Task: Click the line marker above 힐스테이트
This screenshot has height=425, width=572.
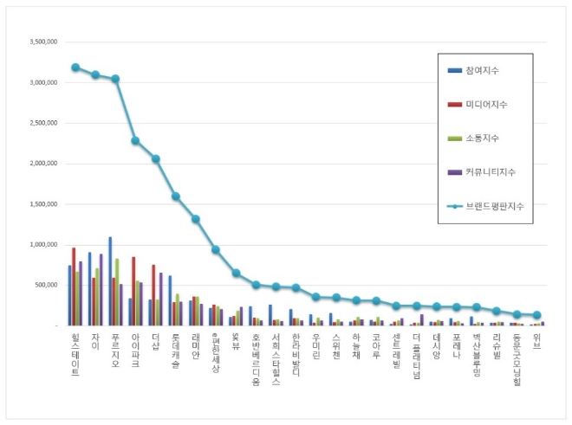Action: pos(75,68)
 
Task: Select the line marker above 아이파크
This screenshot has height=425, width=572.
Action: pos(135,140)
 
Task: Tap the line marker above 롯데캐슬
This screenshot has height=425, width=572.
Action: pos(176,196)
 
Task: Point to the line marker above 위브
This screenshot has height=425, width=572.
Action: pos(536,315)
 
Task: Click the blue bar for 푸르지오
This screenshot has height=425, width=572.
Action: pos(110,280)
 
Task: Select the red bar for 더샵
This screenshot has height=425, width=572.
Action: pos(154,294)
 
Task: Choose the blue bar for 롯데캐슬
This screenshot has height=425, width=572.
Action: pos(171,300)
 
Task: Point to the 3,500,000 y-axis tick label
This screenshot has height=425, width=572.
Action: pos(43,42)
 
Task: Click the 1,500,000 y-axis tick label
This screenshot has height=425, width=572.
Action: pos(43,204)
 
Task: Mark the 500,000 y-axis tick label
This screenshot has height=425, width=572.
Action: pos(47,285)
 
